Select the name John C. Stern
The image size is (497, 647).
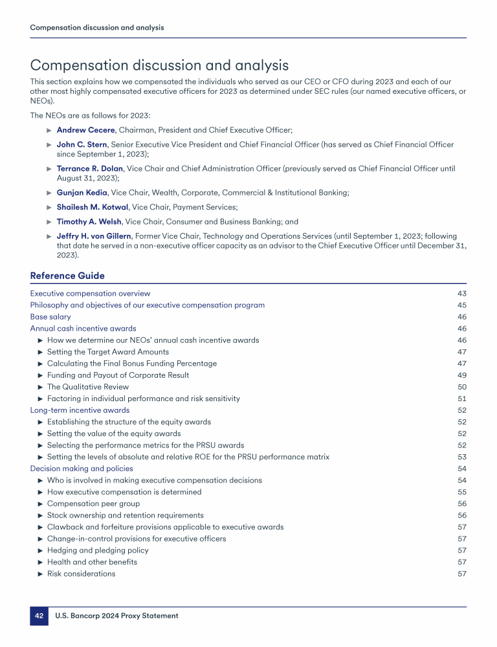(x=81, y=145)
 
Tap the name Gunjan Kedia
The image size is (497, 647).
(x=82, y=192)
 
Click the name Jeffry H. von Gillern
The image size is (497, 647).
(x=94, y=236)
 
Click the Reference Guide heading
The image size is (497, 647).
(x=67, y=276)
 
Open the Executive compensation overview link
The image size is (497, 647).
(x=90, y=294)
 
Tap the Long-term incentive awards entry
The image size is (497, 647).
(x=80, y=410)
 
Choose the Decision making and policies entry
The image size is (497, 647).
(x=82, y=468)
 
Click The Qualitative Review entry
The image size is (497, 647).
(x=88, y=387)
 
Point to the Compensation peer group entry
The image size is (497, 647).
(x=93, y=503)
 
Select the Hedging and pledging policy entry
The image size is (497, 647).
(x=98, y=550)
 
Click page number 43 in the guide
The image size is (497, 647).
(x=461, y=294)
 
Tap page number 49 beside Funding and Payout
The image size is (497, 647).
(x=461, y=375)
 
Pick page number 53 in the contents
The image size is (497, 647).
(x=461, y=457)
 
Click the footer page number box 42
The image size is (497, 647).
(x=39, y=616)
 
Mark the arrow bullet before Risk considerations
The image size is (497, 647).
(x=41, y=574)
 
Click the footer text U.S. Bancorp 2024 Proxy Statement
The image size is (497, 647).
(x=116, y=616)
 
